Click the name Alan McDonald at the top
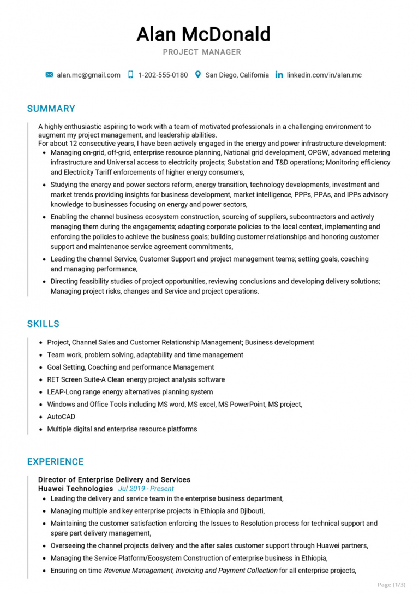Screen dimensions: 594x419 pyautogui.click(x=203, y=34)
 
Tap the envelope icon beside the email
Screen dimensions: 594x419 pyautogui.click(x=49, y=75)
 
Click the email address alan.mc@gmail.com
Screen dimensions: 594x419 pyautogui.click(x=88, y=75)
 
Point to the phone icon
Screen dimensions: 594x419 pyautogui.click(x=130, y=75)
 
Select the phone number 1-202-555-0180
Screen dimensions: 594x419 pyautogui.click(x=163, y=75)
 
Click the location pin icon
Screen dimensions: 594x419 pyautogui.click(x=197, y=75)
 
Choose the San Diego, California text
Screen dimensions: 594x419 pyautogui.click(x=237, y=75)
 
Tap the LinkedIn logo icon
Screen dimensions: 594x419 pyautogui.click(x=279, y=75)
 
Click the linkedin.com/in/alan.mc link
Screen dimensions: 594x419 pyautogui.click(x=324, y=75)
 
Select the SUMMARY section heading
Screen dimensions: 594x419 pyautogui.click(x=51, y=109)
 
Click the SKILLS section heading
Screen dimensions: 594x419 pyautogui.click(x=43, y=324)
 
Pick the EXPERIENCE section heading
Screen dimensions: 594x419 pyautogui.click(x=55, y=462)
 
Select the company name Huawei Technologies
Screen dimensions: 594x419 pyautogui.click(x=76, y=489)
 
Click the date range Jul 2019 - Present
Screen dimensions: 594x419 pyautogui.click(x=146, y=489)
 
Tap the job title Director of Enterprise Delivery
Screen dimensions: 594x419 pyautogui.click(x=114, y=480)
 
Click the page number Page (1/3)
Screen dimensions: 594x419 pyautogui.click(x=392, y=585)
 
